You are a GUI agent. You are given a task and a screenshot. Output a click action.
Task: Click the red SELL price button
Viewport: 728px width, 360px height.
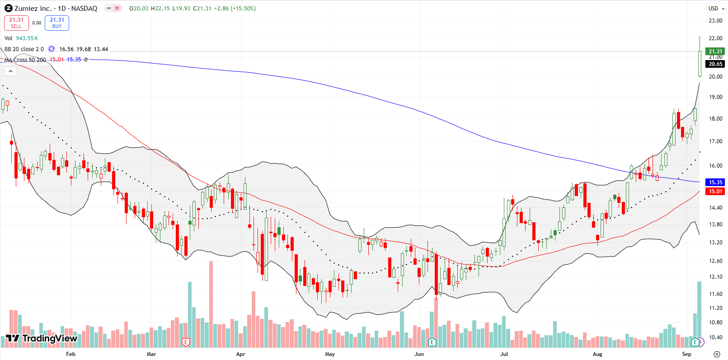16,23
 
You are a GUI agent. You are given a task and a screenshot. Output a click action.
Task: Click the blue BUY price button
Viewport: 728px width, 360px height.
57,23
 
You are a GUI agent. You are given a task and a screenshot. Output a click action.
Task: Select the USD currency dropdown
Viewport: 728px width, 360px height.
716,8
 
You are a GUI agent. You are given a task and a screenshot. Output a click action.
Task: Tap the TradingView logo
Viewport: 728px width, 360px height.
42,338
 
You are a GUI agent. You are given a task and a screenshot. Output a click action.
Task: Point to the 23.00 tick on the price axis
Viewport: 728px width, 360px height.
715,21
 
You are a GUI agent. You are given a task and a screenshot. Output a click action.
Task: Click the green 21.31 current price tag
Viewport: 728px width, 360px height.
715,51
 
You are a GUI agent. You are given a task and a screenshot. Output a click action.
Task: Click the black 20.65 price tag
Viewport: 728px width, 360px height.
715,64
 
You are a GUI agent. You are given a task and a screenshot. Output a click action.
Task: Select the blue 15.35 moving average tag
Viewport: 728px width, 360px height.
715,182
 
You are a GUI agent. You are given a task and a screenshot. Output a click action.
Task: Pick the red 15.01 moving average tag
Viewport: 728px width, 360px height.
715,192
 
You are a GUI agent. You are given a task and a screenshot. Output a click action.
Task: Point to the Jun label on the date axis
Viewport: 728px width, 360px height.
419,354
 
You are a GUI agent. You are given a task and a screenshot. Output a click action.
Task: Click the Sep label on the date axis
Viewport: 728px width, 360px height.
686,354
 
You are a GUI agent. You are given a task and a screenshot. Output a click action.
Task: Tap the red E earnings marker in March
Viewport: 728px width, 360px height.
185,342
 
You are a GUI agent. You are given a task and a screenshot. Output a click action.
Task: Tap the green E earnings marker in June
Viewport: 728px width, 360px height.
432,342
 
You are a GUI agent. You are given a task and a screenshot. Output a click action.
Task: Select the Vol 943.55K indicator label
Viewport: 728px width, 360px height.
21,38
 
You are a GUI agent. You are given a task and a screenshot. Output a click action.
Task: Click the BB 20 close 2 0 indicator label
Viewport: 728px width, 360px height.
24,49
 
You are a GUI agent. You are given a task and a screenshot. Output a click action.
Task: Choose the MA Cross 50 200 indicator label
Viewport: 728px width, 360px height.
25,60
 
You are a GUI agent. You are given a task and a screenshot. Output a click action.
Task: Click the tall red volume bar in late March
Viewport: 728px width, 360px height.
211,303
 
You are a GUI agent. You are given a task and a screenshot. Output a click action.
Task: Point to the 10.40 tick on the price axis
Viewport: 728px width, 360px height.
715,337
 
